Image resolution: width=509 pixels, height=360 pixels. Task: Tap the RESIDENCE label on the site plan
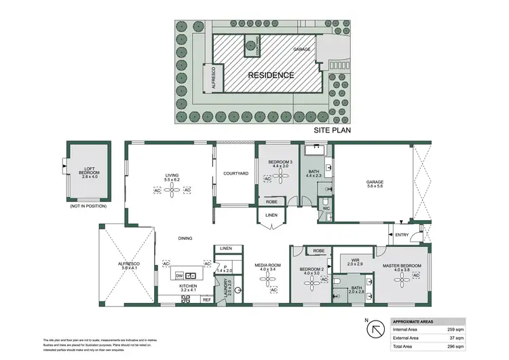coord(270,75)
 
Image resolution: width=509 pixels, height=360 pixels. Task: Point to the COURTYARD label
coord(235,174)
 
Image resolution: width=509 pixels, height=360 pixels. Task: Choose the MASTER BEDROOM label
coord(402,268)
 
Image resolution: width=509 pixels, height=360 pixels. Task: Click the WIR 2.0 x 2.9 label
coord(356,260)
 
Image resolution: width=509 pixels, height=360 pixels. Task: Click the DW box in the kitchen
coord(180,275)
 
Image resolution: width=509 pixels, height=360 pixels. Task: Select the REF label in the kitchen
coord(206,300)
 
